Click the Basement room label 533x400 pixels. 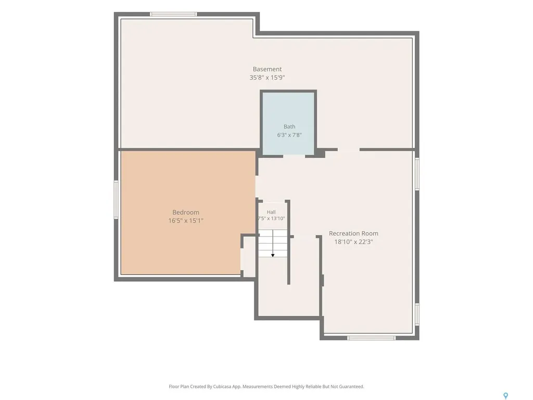tap(267, 69)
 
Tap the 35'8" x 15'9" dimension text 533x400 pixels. tap(267, 78)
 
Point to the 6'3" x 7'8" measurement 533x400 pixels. tap(289, 135)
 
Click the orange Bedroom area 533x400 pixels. tap(188, 213)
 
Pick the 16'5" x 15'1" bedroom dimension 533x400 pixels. tap(186, 221)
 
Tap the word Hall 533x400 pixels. tap(271, 213)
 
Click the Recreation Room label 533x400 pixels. tap(353, 234)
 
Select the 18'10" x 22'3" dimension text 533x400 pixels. tap(353, 242)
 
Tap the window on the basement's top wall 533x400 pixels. tap(173, 14)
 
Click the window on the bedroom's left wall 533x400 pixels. tap(116, 199)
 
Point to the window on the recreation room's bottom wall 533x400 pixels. tap(371, 338)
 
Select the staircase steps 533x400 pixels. tap(273, 244)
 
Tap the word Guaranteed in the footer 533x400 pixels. tap(353, 387)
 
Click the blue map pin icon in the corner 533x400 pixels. tap(505, 396)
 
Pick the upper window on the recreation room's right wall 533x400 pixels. tap(417, 174)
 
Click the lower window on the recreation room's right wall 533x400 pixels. tap(417, 315)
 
